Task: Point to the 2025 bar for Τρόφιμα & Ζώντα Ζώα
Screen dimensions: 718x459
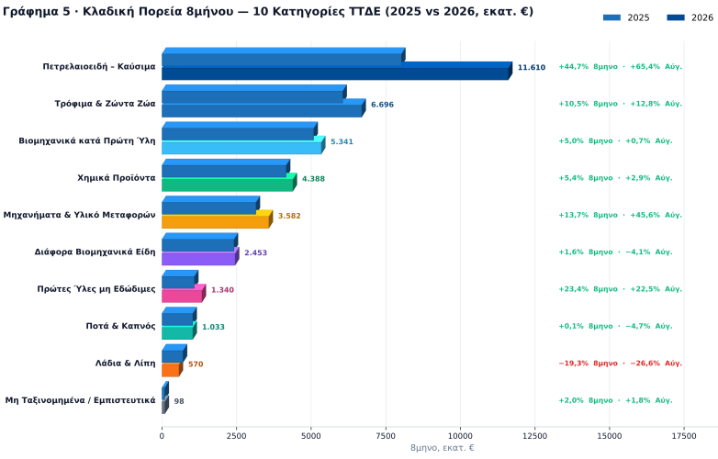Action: (253, 94)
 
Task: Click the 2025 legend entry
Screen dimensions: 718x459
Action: (626, 17)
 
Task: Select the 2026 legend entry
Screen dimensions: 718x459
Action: (690, 17)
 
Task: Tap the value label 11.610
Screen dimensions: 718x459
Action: (532, 68)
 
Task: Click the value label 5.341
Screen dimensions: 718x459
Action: (342, 142)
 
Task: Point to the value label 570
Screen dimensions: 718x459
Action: (196, 364)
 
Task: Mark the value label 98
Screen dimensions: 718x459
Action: (179, 401)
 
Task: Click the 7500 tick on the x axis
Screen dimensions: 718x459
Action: (386, 436)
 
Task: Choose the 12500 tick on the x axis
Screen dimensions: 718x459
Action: (535, 436)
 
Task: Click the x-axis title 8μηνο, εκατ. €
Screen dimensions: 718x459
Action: (443, 448)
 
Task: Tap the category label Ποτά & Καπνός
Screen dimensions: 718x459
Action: (121, 326)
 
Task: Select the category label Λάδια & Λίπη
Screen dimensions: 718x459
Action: (126, 364)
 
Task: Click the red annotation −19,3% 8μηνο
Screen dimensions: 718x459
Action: (588, 364)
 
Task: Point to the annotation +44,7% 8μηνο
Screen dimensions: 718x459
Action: (588, 67)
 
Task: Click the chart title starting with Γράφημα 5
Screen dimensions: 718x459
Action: (268, 11)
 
